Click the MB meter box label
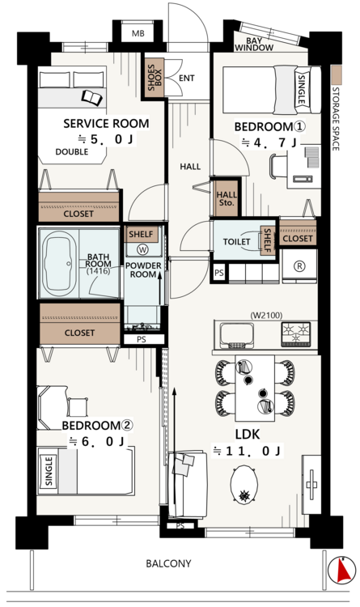pyautogui.click(x=138, y=33)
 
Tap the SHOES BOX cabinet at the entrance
pyautogui.click(x=155, y=78)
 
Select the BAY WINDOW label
pyautogui.click(x=254, y=45)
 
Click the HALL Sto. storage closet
pyautogui.click(x=226, y=198)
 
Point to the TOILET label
pyautogui.click(x=236, y=242)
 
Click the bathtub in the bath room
pyautogui.click(x=58, y=263)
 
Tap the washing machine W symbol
pyautogui.click(x=142, y=250)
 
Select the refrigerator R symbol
pyautogui.click(x=299, y=265)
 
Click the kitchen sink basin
pyautogui.click(x=236, y=335)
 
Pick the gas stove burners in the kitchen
pyautogui.click(x=296, y=334)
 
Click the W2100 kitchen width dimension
pyautogui.click(x=266, y=316)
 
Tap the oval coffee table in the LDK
pyautogui.click(x=244, y=484)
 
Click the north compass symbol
pyautogui.click(x=342, y=570)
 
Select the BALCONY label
pyautogui.click(x=168, y=563)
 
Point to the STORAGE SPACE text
pyautogui.click(x=336, y=119)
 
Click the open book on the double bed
pyautogui.click(x=92, y=98)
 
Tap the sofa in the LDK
pyautogui.click(x=188, y=484)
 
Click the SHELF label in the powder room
pyautogui.click(x=141, y=234)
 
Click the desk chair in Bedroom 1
pyautogui.click(x=278, y=166)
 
